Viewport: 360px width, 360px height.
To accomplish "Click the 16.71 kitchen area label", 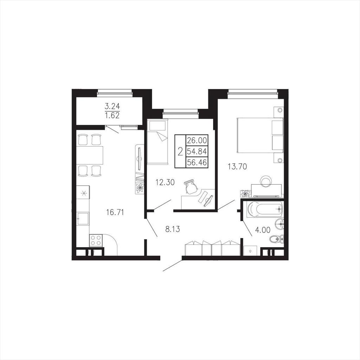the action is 115,212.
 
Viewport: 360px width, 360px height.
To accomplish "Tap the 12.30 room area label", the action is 165,182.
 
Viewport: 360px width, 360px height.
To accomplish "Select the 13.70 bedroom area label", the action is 237,166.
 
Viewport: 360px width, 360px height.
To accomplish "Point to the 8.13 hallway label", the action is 172,229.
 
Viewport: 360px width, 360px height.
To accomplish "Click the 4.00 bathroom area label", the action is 263,230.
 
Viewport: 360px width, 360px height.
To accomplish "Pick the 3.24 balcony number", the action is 112,107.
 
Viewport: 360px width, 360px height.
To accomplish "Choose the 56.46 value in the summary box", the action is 197,162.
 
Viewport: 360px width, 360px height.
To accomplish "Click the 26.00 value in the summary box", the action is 197,140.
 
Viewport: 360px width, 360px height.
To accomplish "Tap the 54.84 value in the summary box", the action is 197,151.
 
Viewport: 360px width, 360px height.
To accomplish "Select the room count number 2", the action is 180,151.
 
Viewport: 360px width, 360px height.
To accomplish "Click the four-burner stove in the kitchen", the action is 96,240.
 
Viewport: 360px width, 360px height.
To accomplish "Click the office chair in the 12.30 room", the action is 191,187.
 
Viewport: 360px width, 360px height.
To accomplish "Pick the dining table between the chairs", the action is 90,155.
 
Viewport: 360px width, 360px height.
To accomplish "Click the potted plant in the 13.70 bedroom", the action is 245,193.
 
